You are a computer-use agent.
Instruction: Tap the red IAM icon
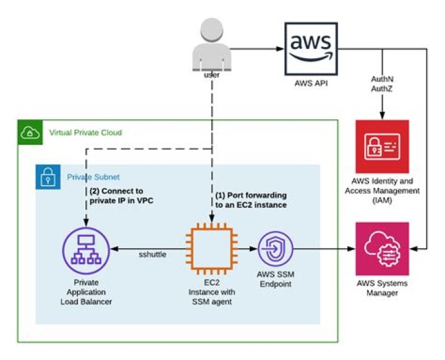pyautogui.click(x=382, y=147)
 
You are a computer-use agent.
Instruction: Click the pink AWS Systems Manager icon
pyautogui.click(x=382, y=249)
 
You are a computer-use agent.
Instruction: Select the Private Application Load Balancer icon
pyautogui.click(x=86, y=250)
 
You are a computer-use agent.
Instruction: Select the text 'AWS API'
pyautogui.click(x=311, y=82)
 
